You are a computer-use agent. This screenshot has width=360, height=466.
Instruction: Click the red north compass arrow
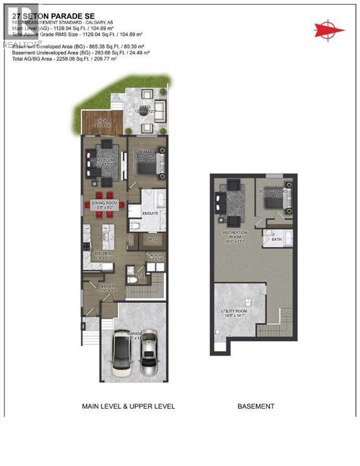point(327,28)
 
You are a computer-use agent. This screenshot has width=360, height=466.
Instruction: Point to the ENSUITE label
point(150,214)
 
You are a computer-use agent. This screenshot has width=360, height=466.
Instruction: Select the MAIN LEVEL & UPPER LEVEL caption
point(128,406)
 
